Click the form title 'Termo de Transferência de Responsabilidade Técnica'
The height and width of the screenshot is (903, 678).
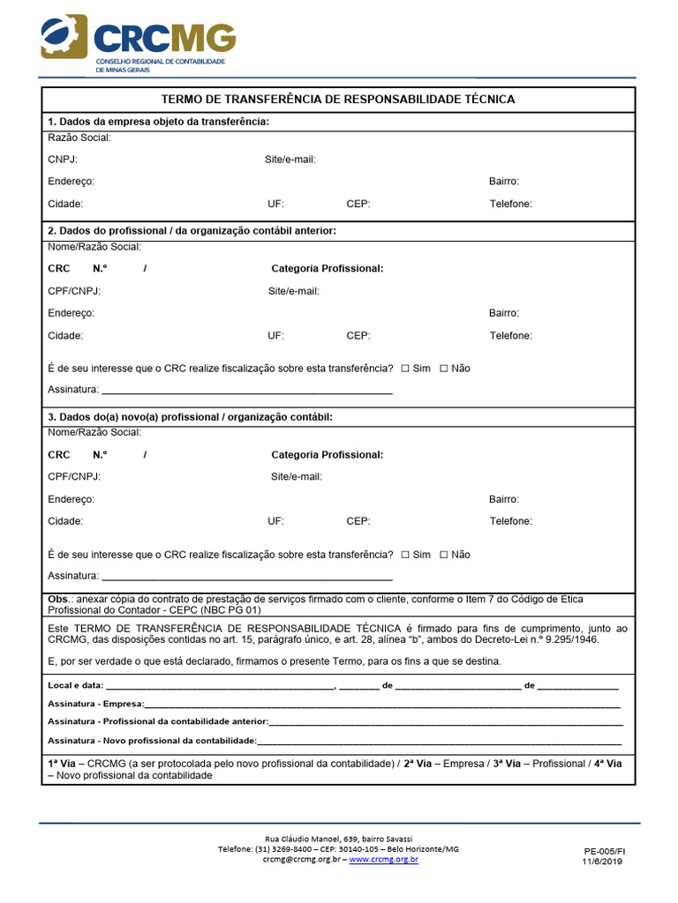pos(338,100)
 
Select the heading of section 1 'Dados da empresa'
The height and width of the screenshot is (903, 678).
pos(158,122)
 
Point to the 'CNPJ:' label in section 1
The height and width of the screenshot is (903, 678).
pos(63,160)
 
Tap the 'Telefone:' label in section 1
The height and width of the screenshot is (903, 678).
pos(510,204)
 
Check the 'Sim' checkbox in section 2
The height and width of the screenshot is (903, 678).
pos(405,369)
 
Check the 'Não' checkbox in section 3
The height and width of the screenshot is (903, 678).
pos(444,555)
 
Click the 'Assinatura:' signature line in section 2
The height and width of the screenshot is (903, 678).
pos(246,390)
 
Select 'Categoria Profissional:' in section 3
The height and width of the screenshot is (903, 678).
pos(327,455)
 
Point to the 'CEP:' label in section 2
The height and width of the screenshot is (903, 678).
pos(358,336)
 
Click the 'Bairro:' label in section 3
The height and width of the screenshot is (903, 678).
pos(503,499)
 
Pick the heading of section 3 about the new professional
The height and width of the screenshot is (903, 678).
pos(190,416)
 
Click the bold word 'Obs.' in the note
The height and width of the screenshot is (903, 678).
pos(58,600)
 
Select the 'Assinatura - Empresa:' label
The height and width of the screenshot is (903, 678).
pos(95,705)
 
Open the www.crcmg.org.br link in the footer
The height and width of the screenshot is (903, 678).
pos(384,859)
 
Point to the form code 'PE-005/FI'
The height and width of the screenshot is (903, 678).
pos(604,852)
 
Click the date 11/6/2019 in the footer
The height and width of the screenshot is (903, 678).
pos(602,862)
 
